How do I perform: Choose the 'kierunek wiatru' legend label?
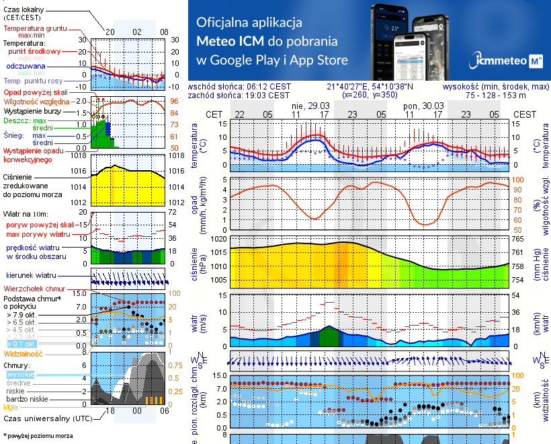click(x=31, y=276)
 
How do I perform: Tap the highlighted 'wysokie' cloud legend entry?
click(x=20, y=374)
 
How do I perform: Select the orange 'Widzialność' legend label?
click(x=24, y=353)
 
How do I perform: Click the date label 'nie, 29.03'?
click(x=311, y=106)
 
